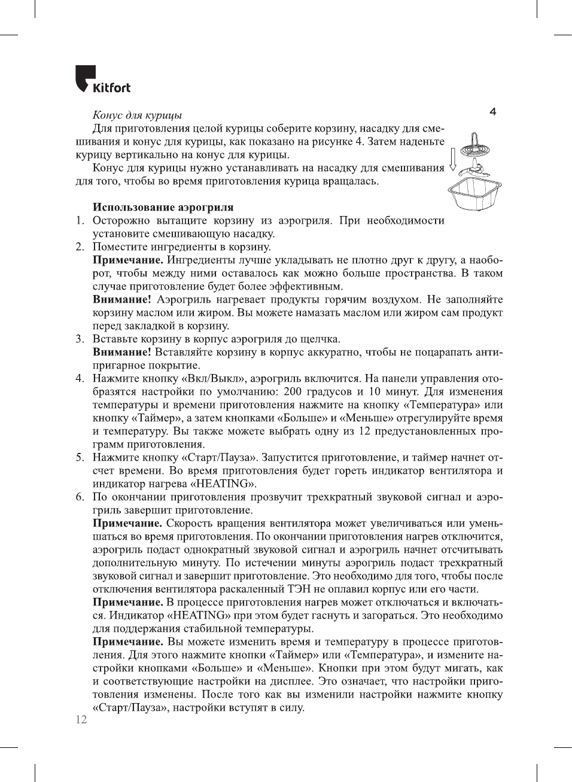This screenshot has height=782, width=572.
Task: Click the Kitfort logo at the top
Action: click(x=102, y=80)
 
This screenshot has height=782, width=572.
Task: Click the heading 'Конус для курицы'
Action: click(x=137, y=115)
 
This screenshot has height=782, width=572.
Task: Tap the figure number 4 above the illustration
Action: click(x=492, y=112)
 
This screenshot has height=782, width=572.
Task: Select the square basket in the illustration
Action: click(x=474, y=194)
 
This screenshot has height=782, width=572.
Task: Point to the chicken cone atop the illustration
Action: click(x=473, y=144)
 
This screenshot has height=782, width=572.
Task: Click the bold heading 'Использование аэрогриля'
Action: click(x=163, y=207)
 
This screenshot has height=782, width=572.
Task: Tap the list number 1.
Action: click(x=80, y=221)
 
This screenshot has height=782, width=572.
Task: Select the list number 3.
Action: click(x=80, y=339)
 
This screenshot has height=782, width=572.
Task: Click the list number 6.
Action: click(x=80, y=497)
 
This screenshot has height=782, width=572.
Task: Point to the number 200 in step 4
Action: click(x=293, y=392)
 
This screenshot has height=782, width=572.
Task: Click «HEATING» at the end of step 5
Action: click(x=223, y=483)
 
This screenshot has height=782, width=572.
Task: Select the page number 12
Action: click(x=81, y=719)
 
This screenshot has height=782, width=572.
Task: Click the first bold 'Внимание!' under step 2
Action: click(x=121, y=300)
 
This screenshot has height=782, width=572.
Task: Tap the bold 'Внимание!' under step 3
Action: click(x=121, y=352)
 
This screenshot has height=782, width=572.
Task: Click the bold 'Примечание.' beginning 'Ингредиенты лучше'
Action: click(x=128, y=260)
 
